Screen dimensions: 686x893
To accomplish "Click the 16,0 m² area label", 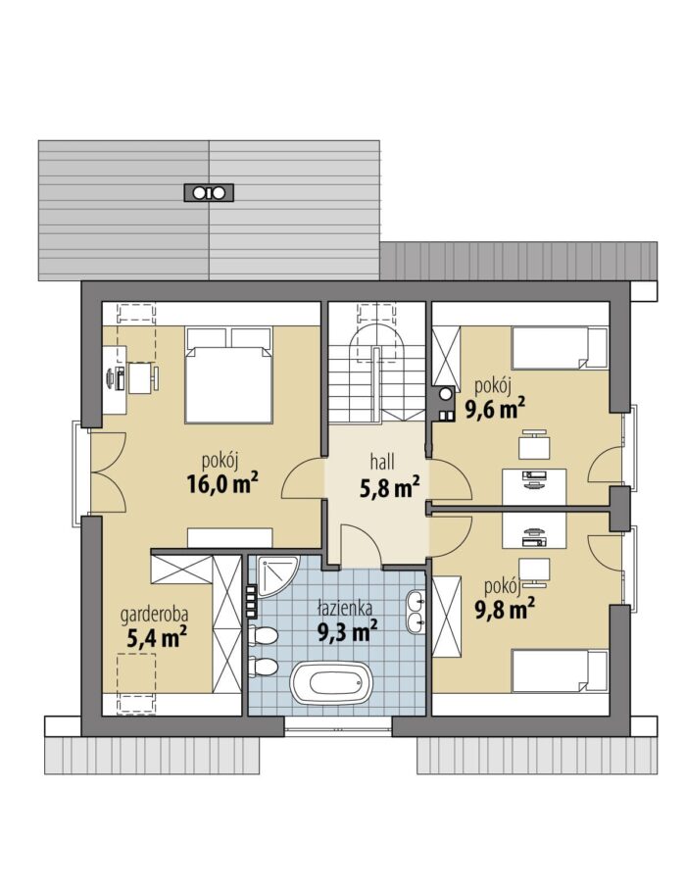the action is pyautogui.click(x=222, y=483).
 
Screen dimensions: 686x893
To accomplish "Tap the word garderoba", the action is pyautogui.click(x=154, y=616).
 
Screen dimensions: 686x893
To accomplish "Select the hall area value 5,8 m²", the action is pyautogui.click(x=390, y=487).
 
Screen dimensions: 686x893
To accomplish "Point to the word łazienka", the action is pyautogui.click(x=344, y=610).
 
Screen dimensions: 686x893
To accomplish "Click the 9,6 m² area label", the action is pyautogui.click(x=495, y=409).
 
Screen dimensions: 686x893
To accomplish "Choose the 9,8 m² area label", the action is pyautogui.click(x=505, y=610).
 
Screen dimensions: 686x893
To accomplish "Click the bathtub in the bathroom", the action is pyautogui.click(x=331, y=683).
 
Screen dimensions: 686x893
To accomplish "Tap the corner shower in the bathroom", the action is pyautogui.click(x=277, y=575).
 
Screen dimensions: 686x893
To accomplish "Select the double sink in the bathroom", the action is pyautogui.click(x=416, y=613).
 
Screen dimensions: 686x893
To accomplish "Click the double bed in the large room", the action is pyautogui.click(x=229, y=374).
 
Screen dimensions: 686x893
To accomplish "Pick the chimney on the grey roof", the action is pyautogui.click(x=209, y=192).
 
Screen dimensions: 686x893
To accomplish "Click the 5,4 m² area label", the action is pyautogui.click(x=157, y=638).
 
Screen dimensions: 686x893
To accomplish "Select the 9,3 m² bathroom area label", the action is pyautogui.click(x=347, y=631).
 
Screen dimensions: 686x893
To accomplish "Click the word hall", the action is pyautogui.click(x=382, y=461).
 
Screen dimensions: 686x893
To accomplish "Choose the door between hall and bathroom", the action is pyautogui.click(x=361, y=546).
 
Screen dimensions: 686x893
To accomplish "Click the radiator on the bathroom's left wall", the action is pyautogui.click(x=251, y=602).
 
